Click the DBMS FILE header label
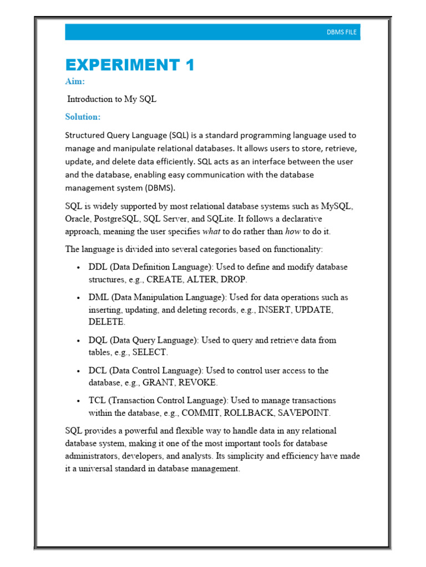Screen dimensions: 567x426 click(342, 33)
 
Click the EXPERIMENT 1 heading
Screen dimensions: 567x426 click(130, 65)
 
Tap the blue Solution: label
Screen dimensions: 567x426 click(83, 117)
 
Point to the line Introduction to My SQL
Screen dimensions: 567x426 click(112, 99)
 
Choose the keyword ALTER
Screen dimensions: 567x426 click(202, 279)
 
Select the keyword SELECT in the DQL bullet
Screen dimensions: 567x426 click(149, 352)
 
